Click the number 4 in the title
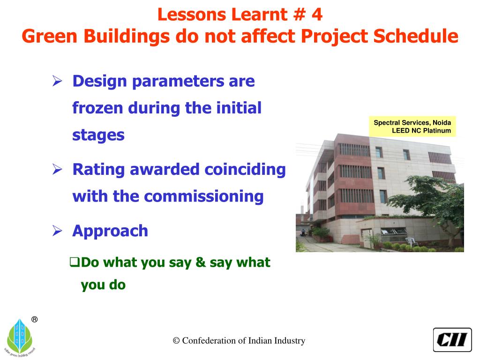[317, 15]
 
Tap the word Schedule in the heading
[416, 36]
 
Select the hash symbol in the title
[299, 15]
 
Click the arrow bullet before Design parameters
[57, 81]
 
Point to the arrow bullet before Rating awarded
[57, 169]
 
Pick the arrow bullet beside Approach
[57, 231]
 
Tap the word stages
[98, 135]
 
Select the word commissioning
[203, 196]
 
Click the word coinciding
[245, 170]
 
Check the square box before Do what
[75, 262]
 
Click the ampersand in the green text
[200, 262]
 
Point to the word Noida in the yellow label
[442, 122]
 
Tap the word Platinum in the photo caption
[437, 130]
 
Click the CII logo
[452, 340]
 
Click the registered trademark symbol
[35, 320]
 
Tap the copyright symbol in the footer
[176, 340]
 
